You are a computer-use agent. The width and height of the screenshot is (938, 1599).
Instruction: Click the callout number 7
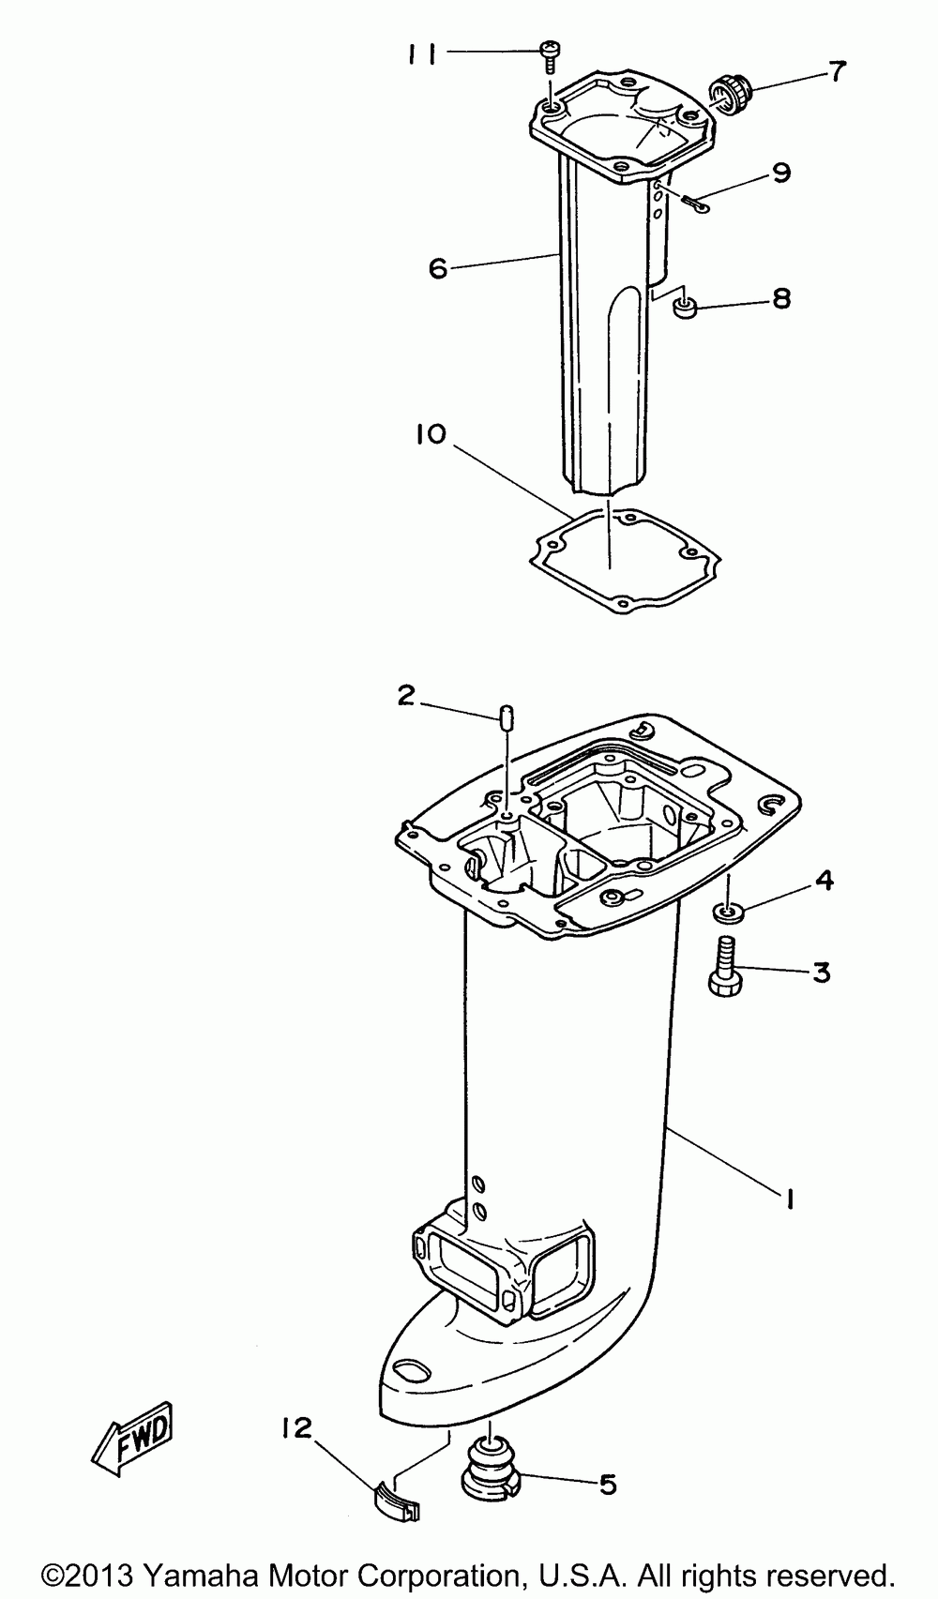pos(837,69)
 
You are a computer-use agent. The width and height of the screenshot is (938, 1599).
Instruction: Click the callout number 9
pos(781,173)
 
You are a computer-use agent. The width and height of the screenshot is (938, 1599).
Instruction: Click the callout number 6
pos(437,267)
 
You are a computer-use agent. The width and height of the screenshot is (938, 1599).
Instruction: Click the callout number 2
pos(405,695)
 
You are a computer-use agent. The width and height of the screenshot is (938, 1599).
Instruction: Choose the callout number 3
pos(821,973)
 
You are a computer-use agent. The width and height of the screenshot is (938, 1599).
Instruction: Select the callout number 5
pos(608,1484)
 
